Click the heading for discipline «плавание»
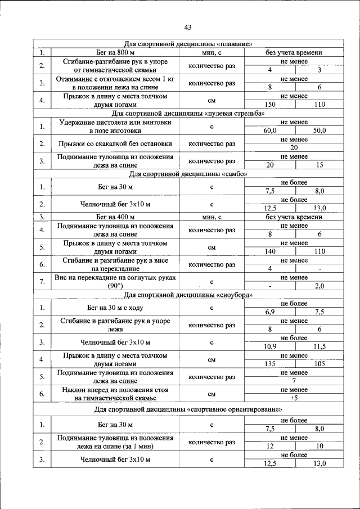pyautogui.click(x=192, y=44)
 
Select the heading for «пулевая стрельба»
pyautogui.click(x=192, y=113)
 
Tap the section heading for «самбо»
pyautogui.click(x=192, y=174)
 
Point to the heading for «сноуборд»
pyautogui.click(x=192, y=295)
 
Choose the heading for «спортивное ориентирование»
pyautogui.click(x=192, y=409)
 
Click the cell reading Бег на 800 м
pyautogui.click(x=115, y=53)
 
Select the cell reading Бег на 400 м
pyautogui.click(x=115, y=217)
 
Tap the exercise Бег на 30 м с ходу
pyautogui.click(x=115, y=308)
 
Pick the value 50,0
pyautogui.click(x=319, y=130)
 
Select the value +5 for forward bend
pyautogui.click(x=294, y=398)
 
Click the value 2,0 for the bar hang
pyautogui.click(x=319, y=286)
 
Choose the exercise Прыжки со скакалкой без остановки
pyautogui.click(x=115, y=144)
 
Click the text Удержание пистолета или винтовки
pyautogui.click(x=115, y=123)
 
